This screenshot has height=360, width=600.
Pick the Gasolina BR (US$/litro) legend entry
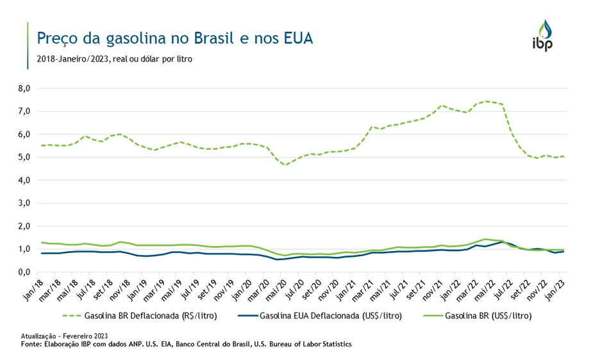click(x=476, y=315)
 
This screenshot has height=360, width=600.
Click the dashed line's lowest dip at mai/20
click(x=285, y=165)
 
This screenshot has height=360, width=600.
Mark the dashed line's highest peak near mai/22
click(x=487, y=101)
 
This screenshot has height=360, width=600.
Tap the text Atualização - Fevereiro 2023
click(x=64, y=336)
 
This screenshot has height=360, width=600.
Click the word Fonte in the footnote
click(x=30, y=344)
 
